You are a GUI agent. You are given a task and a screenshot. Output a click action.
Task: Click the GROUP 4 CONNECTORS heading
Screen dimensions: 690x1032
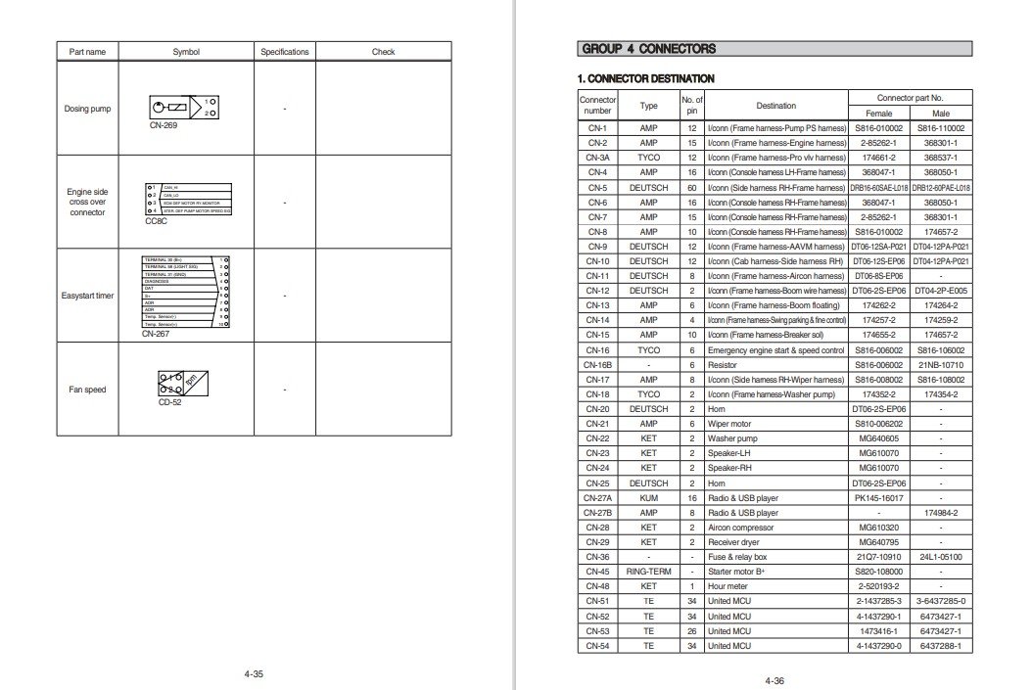pyautogui.click(x=649, y=49)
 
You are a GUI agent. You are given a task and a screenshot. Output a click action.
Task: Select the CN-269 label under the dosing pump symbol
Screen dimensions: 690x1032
pyautogui.click(x=164, y=126)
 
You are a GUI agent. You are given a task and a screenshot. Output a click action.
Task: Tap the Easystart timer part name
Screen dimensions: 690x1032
pyautogui.click(x=87, y=296)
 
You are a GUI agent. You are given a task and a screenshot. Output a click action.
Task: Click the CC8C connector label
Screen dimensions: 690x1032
pyautogui.click(x=157, y=221)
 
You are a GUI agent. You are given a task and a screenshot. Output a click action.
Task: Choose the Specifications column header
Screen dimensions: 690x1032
pyautogui.click(x=284, y=52)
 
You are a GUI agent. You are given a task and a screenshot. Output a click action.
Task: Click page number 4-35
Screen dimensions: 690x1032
pyautogui.click(x=254, y=674)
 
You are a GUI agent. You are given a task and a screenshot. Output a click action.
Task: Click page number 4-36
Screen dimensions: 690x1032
pyautogui.click(x=774, y=681)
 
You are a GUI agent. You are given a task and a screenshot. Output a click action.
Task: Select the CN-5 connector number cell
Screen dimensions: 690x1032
pyautogui.click(x=597, y=187)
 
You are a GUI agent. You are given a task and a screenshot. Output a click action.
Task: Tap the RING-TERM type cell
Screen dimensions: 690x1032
pyautogui.click(x=648, y=573)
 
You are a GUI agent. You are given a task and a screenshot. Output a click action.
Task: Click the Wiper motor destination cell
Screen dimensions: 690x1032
pyautogui.click(x=733, y=424)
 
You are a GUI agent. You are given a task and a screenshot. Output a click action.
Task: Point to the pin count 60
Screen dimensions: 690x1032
pyautogui.click(x=691, y=187)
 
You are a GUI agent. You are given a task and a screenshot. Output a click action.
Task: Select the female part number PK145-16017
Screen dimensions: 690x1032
pyautogui.click(x=878, y=498)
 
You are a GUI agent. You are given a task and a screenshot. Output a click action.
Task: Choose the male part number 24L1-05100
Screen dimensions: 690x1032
pyautogui.click(x=941, y=558)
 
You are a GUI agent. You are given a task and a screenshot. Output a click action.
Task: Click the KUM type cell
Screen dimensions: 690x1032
pyautogui.click(x=648, y=498)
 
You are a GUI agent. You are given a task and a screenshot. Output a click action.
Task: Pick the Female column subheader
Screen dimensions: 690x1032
pyautogui.click(x=878, y=114)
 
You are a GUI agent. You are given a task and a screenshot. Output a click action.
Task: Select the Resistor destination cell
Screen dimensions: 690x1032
pyautogui.click(x=725, y=364)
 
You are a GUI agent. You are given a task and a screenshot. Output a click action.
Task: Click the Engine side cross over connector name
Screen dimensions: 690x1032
pyautogui.click(x=87, y=202)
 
